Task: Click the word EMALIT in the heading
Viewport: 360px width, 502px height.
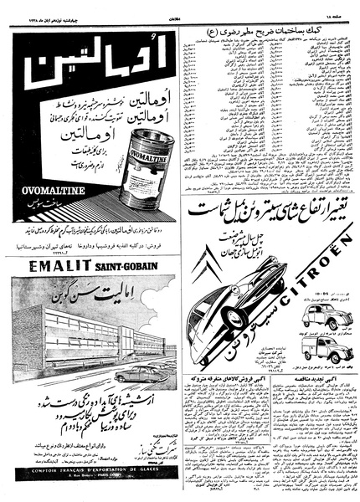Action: tap(51, 269)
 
